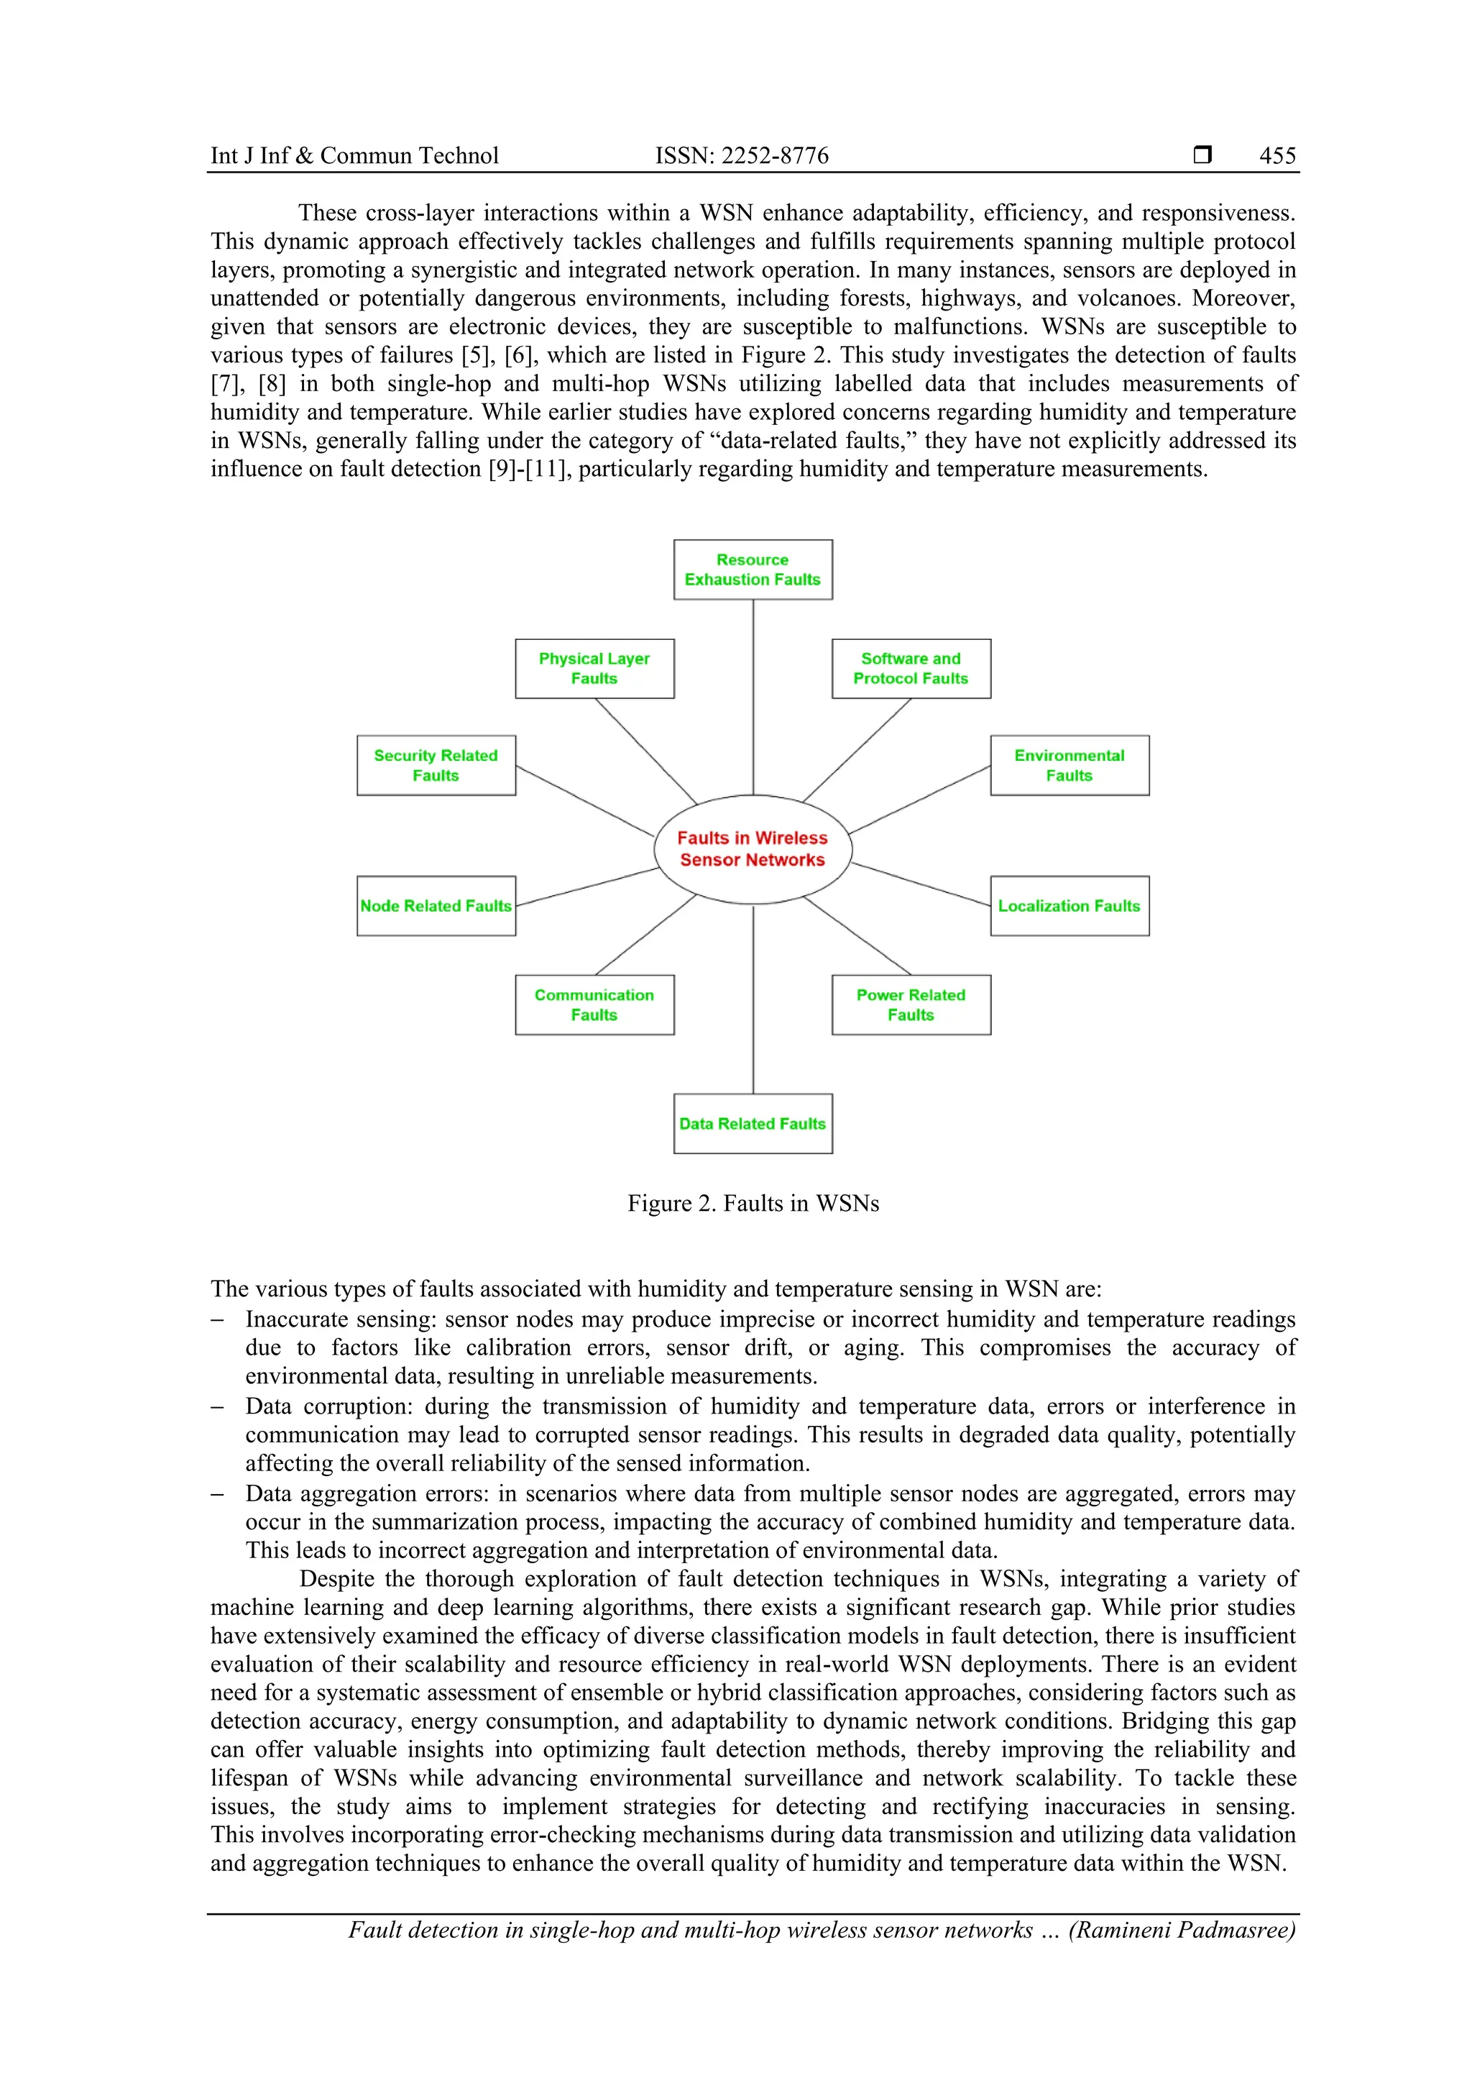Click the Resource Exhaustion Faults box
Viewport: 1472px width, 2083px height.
[x=752, y=569]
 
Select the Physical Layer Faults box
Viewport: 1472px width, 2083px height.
[x=594, y=669]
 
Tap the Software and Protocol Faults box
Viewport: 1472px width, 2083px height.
[x=911, y=669]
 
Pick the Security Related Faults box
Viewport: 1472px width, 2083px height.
[x=436, y=766]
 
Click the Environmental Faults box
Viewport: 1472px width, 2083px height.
[x=1069, y=766]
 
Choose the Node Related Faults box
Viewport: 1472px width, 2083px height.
[x=436, y=905]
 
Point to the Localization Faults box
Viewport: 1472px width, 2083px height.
[x=1069, y=905]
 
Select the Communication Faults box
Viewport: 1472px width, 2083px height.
[x=594, y=1004]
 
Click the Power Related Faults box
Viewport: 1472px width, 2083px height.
[x=911, y=1004]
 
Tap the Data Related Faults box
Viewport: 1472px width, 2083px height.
[x=752, y=1123]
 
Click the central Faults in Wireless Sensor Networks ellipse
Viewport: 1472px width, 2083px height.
[x=752, y=849]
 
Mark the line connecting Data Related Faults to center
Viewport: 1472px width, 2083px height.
[x=753, y=998]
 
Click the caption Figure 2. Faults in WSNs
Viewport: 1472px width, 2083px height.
[x=753, y=1203]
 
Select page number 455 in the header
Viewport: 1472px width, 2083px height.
[x=1277, y=156]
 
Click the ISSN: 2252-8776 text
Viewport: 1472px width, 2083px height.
[x=741, y=156]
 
